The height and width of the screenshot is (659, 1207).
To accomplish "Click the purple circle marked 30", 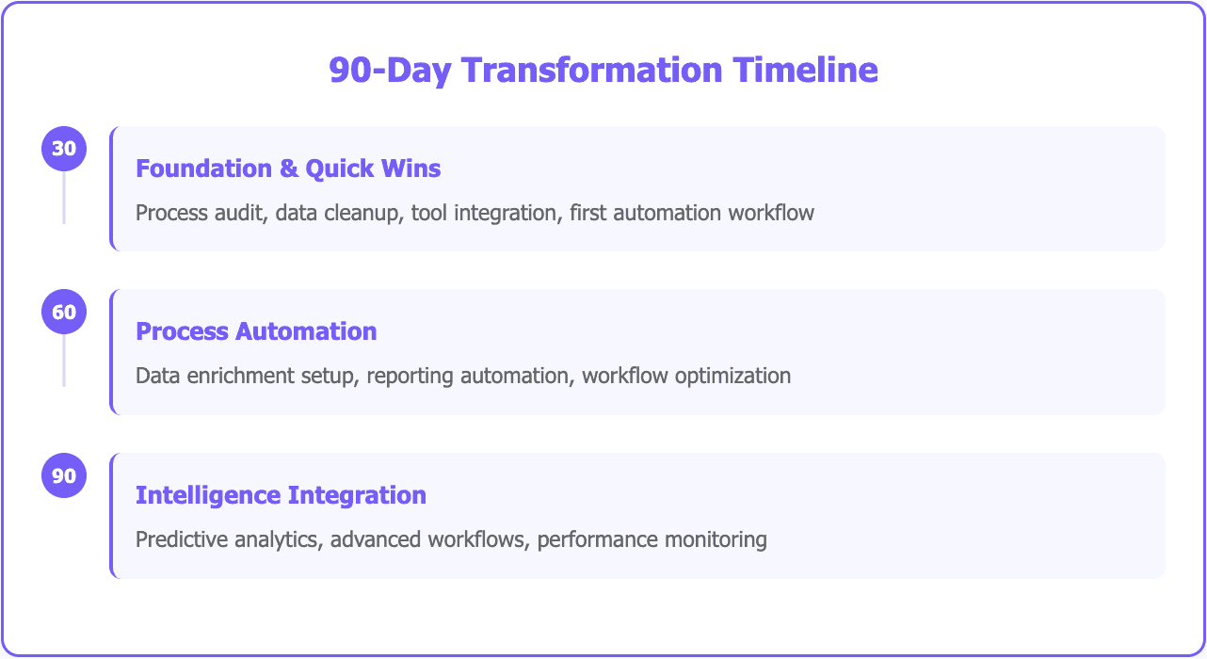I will (64, 149).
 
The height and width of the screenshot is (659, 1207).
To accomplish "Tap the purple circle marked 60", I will (64, 312).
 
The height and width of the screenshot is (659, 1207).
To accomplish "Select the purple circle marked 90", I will (64, 475).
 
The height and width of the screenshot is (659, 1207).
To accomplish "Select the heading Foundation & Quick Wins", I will (288, 169).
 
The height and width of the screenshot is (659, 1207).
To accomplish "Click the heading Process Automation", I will (256, 331).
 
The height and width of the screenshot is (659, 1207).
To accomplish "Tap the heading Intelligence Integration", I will (281, 495).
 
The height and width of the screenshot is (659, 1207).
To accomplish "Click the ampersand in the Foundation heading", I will (288, 169).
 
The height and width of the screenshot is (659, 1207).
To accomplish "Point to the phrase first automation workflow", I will (692, 213).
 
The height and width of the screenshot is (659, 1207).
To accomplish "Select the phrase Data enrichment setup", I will (245, 376).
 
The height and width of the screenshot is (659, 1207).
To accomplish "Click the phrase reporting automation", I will (468, 376).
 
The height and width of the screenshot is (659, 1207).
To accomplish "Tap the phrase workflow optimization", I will (686, 376).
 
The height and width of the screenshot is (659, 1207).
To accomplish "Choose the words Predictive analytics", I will (229, 539).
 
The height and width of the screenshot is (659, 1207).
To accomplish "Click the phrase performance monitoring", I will (652, 539).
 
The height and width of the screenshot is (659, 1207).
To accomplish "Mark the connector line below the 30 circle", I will (64, 198).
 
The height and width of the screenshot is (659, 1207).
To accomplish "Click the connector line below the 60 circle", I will (64, 361).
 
